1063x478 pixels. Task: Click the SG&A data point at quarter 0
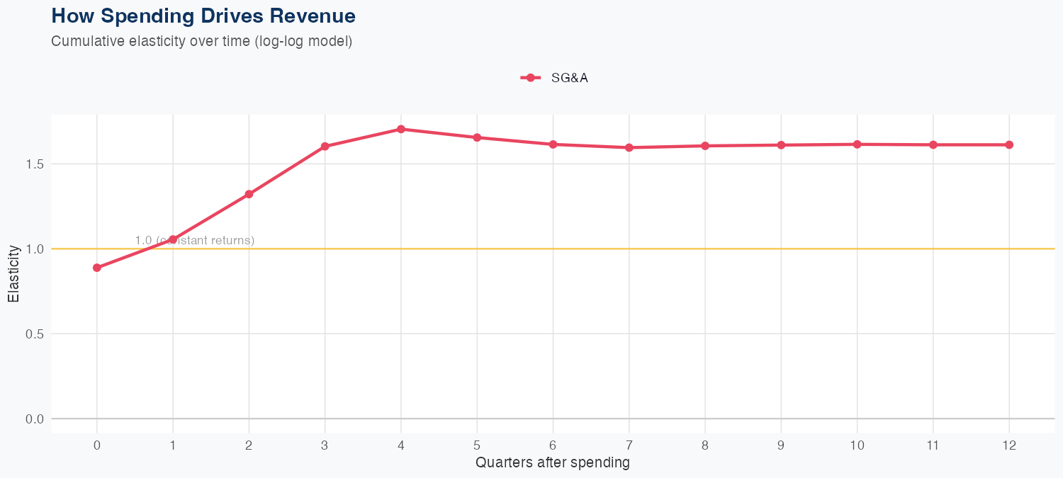click(x=97, y=268)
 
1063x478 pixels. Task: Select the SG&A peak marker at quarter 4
click(x=401, y=129)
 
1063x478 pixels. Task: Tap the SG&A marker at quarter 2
click(x=249, y=194)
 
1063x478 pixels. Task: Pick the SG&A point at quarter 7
click(x=629, y=147)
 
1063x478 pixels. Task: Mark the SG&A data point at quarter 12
click(x=1009, y=144)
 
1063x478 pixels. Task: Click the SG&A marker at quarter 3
click(x=325, y=147)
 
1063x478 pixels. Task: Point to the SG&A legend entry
click(x=555, y=78)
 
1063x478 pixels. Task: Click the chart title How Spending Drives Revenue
click(x=203, y=16)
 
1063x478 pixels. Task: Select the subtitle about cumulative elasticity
click(x=201, y=41)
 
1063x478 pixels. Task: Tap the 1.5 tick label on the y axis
click(x=35, y=164)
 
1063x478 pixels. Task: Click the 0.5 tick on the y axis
click(x=35, y=334)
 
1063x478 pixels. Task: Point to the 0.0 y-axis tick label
click(x=35, y=419)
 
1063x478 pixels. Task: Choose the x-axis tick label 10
click(x=857, y=445)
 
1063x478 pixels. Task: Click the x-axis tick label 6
click(x=553, y=445)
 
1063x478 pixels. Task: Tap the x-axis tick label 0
click(x=97, y=445)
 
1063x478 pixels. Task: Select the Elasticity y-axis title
click(x=13, y=273)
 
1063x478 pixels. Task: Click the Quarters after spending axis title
click(x=553, y=463)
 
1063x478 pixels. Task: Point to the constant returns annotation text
click(x=195, y=240)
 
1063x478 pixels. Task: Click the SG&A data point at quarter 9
click(x=781, y=145)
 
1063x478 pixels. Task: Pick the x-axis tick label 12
click(x=1009, y=445)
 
